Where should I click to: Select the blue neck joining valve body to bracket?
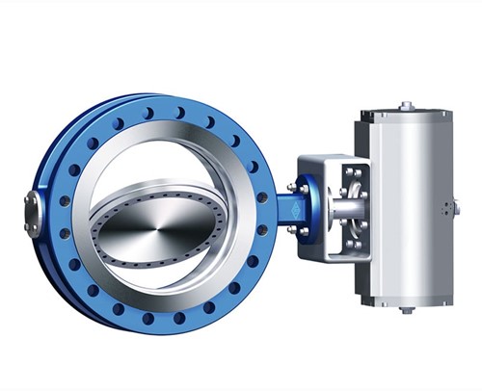pyautogui.click(x=288, y=208)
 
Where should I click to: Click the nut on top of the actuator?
pyautogui.click(x=407, y=105)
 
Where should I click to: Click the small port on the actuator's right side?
pyautogui.click(x=456, y=207)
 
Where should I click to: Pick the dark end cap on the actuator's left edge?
pyautogui.click(x=362, y=207)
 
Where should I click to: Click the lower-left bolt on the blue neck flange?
pyautogui.click(x=293, y=228)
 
